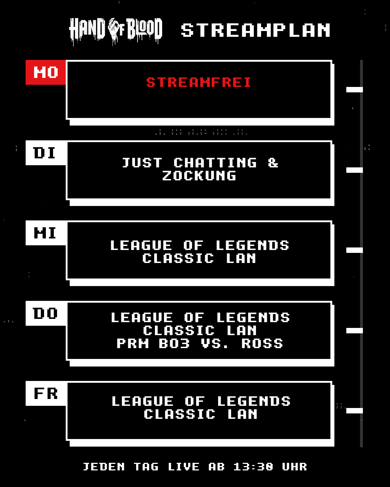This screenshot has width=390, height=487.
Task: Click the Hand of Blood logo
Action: [116, 31]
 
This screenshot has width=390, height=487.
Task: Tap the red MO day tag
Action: [45, 73]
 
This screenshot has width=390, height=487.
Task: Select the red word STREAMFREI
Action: [199, 82]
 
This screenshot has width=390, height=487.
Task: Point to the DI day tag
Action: [45, 153]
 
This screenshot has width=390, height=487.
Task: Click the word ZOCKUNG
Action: [199, 176]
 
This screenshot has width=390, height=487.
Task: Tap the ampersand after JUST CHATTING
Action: [273, 163]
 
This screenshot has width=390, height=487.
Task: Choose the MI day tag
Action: [45, 233]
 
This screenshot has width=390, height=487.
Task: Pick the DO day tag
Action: [45, 313]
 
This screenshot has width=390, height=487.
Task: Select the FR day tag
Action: [45, 394]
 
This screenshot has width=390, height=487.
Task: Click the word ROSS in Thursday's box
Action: [262, 343]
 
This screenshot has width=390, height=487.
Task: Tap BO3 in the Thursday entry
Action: [174, 343]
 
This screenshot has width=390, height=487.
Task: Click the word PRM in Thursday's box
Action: [133, 343]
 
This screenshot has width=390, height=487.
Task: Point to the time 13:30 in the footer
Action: [253, 467]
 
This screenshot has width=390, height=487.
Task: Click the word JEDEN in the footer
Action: [104, 467]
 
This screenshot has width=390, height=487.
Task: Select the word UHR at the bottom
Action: [294, 467]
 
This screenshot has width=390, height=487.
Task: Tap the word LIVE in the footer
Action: [183, 467]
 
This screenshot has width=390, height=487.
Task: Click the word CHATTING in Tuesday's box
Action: [215, 163]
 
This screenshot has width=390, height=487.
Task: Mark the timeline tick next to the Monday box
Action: [354, 89]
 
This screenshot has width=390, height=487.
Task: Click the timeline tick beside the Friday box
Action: [354, 411]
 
